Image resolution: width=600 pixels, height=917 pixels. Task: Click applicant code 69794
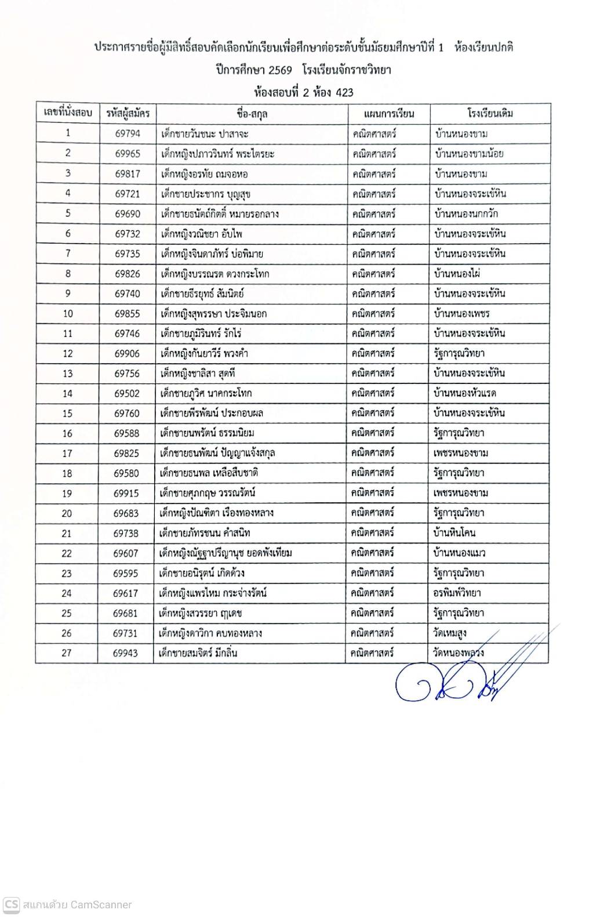coord(128,134)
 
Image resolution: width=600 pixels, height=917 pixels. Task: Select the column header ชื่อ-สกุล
coord(252,114)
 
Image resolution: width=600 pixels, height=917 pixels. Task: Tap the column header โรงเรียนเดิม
coord(490,113)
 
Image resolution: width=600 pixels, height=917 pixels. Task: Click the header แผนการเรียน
coord(389,114)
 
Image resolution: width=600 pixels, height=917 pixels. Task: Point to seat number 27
coord(67,653)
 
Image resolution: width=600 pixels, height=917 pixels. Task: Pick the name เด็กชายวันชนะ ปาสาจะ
coord(205,134)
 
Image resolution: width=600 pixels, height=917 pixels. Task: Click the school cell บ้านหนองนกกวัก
coord(466,213)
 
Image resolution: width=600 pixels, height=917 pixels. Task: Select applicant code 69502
coord(127,393)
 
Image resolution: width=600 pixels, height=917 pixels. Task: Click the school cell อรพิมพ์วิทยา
coord(457,593)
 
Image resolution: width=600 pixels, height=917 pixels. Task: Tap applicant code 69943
coord(126,653)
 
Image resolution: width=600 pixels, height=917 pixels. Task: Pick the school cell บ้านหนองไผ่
coord(457,273)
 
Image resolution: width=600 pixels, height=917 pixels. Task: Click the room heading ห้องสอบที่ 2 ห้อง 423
coord(304,92)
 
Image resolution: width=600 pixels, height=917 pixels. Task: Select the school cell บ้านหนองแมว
coord(460,553)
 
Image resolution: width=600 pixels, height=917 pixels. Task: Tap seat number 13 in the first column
coord(67,374)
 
